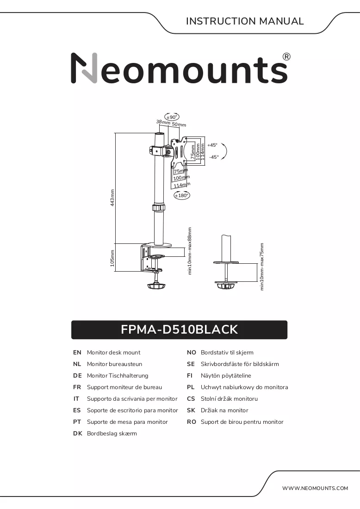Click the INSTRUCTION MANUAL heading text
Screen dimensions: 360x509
245,21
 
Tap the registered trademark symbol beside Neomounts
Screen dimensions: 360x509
286,57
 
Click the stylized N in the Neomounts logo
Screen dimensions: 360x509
84,68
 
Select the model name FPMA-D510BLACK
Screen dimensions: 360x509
179,329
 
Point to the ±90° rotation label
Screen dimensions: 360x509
172,117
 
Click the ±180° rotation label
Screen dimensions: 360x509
181,195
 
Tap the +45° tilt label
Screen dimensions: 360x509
212,145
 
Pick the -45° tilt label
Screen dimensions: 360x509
214,157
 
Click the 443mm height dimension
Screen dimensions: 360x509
112,198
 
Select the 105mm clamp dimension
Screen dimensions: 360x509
112,258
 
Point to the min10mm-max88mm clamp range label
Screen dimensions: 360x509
190,251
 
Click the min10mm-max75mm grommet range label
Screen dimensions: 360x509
262,267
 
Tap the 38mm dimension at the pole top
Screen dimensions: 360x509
163,122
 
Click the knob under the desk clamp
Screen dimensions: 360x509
156,286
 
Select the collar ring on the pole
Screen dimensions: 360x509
159,207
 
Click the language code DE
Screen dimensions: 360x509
77,376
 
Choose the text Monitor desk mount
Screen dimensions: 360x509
114,353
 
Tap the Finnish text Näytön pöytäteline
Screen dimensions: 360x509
226,376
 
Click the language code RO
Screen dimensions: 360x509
192,422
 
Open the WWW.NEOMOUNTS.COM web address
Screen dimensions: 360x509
315,488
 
